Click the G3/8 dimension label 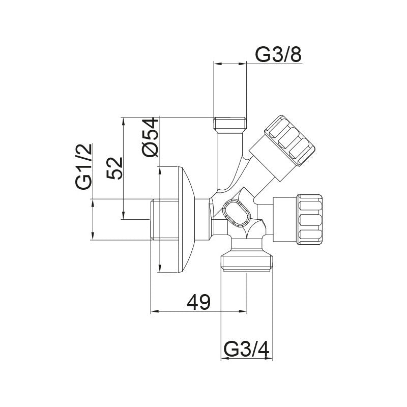pos(278,54)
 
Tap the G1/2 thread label pos(84,166)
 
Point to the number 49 pos(198,303)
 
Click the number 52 pos(115,168)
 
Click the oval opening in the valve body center pos(236,213)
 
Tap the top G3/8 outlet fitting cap pos(230,124)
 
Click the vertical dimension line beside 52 pos(124,168)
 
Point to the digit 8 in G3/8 pos(295,54)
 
